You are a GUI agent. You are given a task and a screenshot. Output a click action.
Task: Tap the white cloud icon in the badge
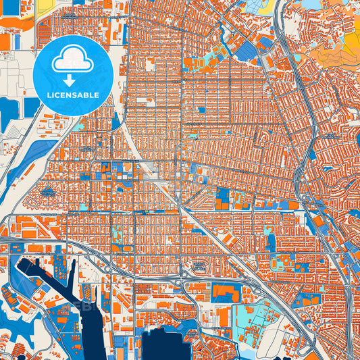tap(72, 61)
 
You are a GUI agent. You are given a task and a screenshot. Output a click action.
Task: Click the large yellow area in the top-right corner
tap(351, 44)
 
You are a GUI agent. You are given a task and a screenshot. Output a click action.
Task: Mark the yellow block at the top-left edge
tap(46, 5)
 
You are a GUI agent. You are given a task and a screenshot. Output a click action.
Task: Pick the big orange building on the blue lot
tap(226, 292)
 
